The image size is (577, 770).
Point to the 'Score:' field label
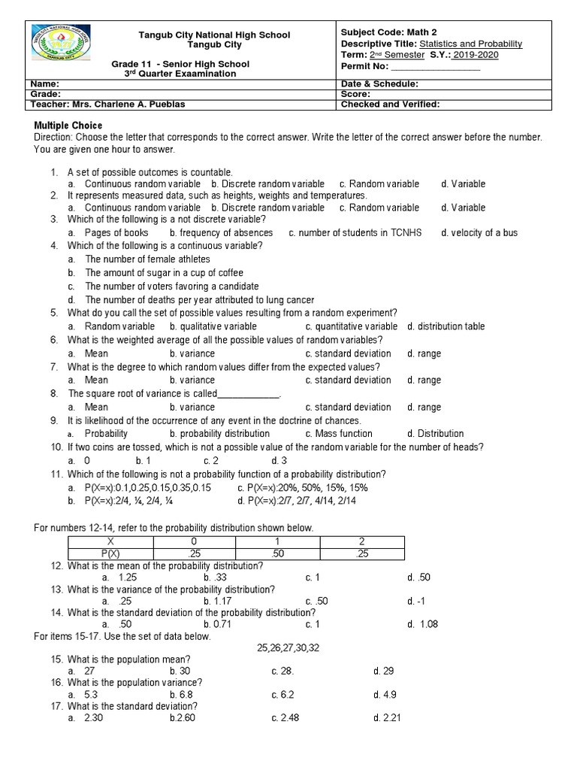355,95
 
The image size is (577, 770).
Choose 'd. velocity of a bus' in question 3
479,232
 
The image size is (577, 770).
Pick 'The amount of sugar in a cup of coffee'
164,273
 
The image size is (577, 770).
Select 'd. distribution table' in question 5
446,326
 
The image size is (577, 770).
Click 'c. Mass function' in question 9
339,433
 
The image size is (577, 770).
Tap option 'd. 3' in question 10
279,460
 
